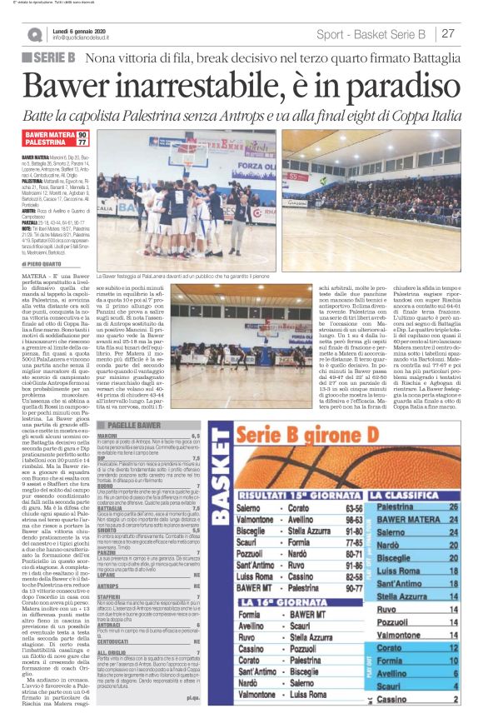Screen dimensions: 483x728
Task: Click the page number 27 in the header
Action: tap(447, 33)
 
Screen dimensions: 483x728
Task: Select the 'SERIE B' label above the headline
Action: tap(51, 57)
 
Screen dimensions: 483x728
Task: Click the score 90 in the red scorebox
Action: tap(82, 134)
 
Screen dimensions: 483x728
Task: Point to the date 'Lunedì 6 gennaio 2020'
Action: tap(82, 29)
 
